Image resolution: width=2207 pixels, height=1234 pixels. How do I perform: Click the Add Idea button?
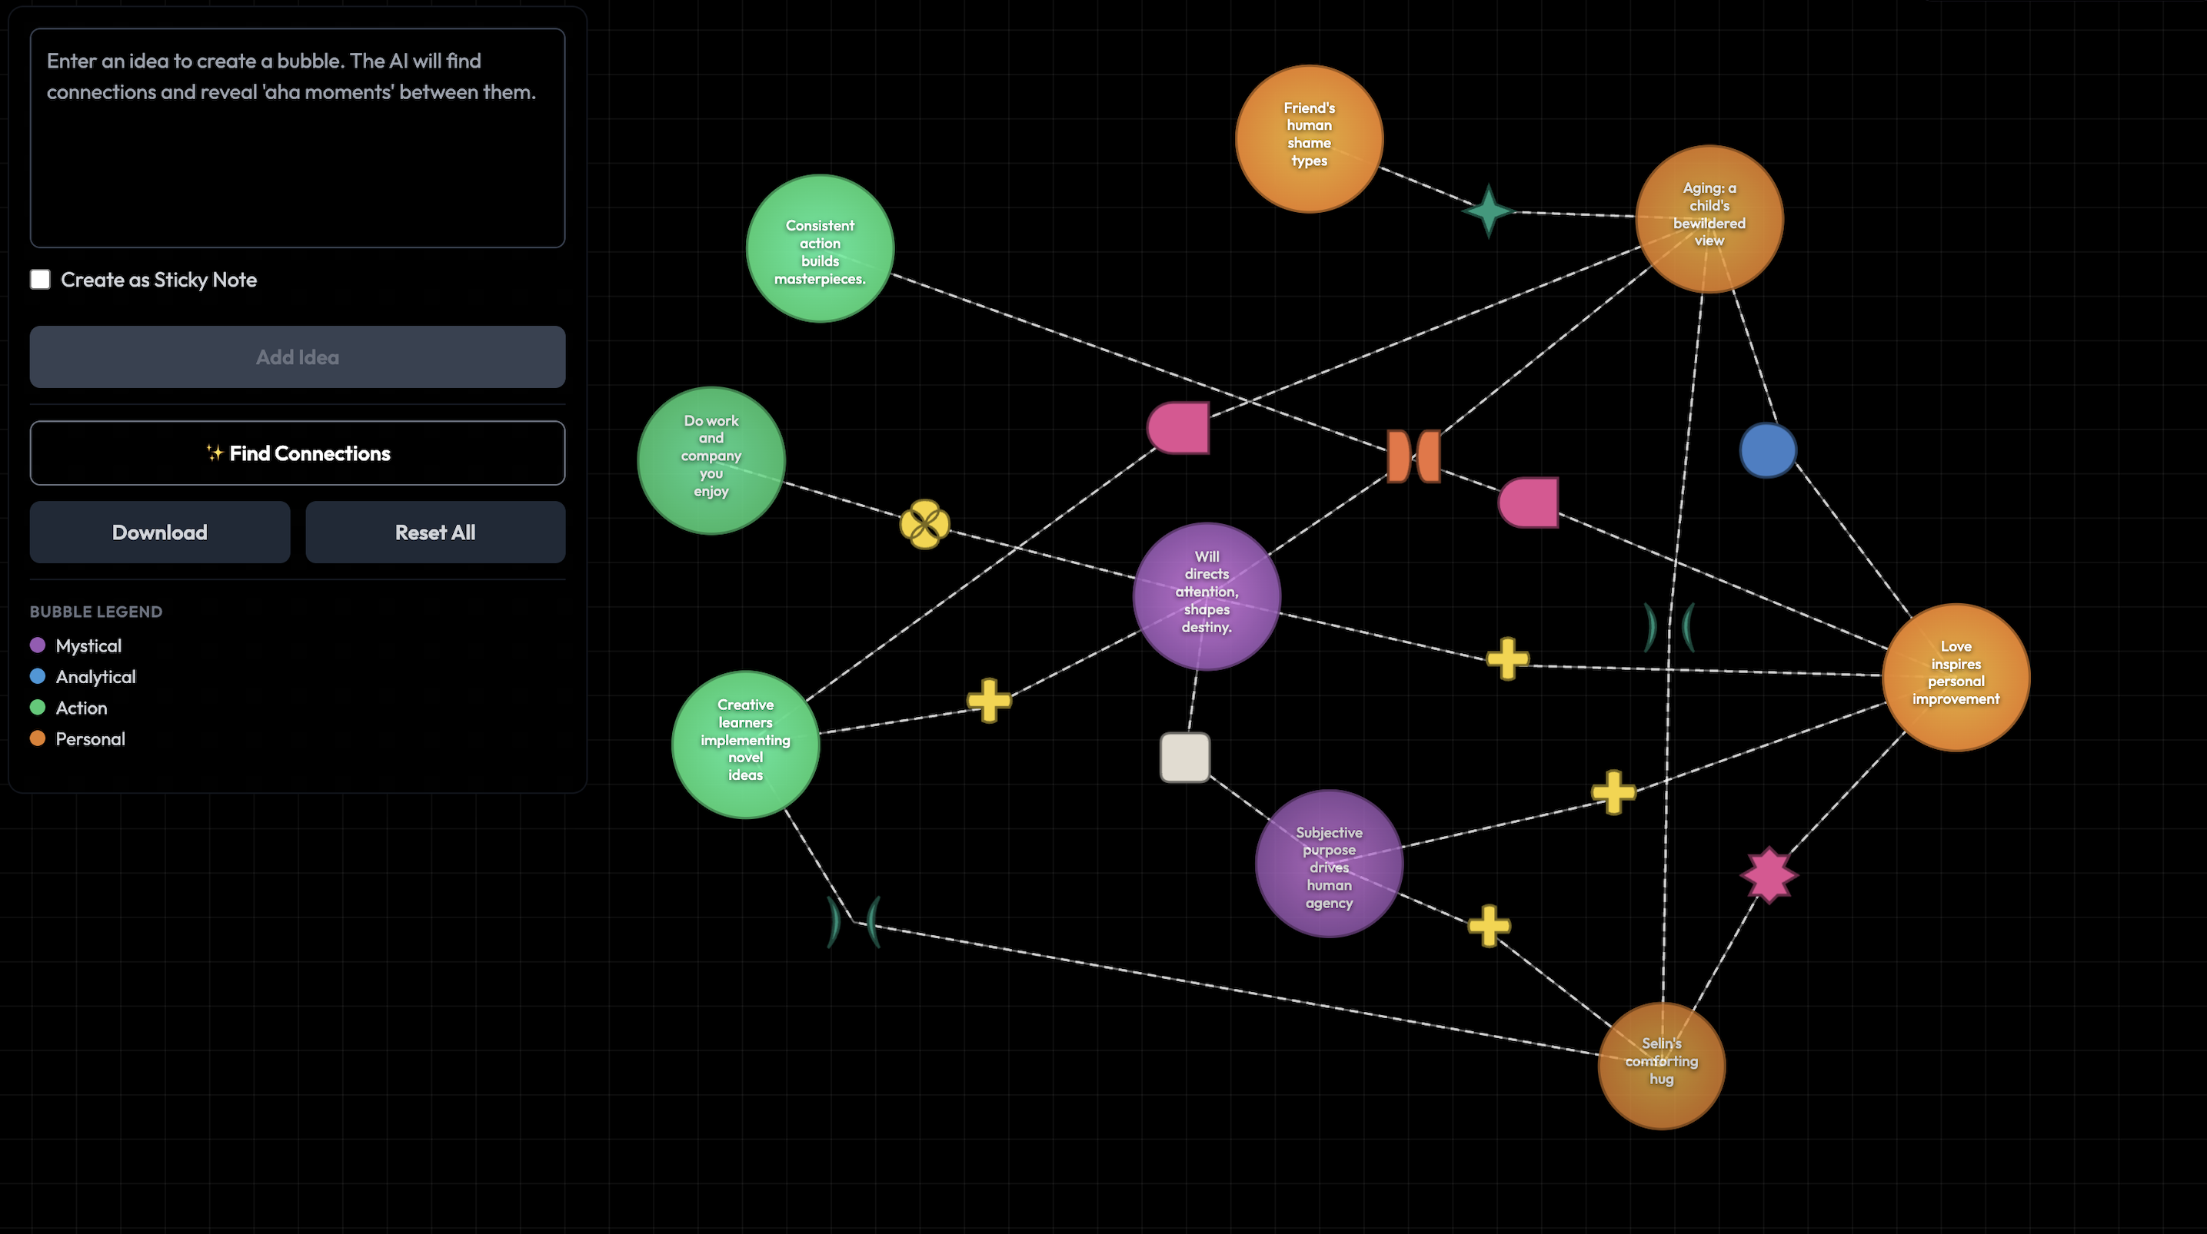[298, 357]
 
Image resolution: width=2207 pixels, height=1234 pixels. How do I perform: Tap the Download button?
[159, 532]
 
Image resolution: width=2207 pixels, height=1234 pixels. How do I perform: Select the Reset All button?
[435, 532]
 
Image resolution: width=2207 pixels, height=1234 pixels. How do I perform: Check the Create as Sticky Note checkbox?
[40, 279]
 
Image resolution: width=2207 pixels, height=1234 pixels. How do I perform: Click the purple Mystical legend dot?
[38, 645]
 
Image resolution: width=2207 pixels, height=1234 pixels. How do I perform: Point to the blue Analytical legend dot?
[38, 675]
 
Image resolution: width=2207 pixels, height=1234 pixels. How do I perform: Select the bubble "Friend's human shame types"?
[1309, 139]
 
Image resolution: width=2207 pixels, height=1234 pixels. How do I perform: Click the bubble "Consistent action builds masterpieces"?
[820, 248]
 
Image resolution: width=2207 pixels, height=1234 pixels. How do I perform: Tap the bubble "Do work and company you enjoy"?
[711, 461]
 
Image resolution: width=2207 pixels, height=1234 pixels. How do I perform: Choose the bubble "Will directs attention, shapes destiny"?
[1207, 596]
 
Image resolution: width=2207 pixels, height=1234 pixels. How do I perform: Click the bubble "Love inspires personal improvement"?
[1956, 676]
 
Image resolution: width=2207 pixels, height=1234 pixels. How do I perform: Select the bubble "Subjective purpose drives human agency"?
[1329, 863]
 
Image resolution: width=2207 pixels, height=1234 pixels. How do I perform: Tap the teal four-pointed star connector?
[1488, 211]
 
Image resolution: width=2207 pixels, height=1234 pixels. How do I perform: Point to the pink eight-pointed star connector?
[1769, 875]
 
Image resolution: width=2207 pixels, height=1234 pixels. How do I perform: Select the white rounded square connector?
[1185, 757]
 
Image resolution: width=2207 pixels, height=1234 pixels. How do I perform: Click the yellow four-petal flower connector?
[924, 524]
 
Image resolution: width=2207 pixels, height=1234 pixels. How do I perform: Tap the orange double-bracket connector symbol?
[1413, 456]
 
